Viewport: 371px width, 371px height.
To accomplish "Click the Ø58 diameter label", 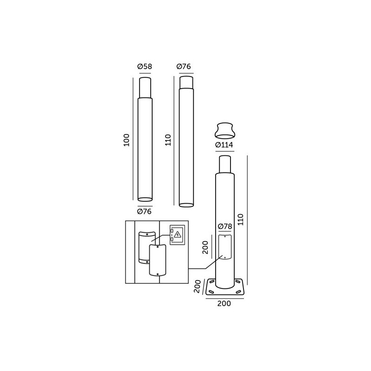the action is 145,66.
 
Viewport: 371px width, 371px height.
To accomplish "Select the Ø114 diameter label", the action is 224,145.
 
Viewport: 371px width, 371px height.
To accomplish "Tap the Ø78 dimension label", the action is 225,226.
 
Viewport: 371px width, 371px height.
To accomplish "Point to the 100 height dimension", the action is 127,140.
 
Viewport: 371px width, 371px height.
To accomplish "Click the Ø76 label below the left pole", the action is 144,211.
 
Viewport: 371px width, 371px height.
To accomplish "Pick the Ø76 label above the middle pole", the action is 184,66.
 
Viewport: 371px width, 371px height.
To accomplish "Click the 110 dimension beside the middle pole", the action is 168,140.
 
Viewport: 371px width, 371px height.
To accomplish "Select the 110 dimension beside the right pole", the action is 240,219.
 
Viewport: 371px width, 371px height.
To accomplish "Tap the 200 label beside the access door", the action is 205,247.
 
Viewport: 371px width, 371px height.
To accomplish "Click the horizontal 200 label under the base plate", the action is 224,304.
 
